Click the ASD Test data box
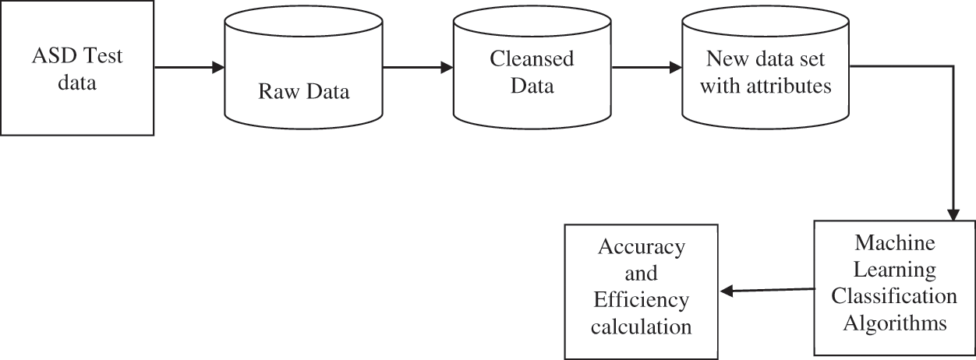pos(76,68)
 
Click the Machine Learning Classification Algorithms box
pos(893,288)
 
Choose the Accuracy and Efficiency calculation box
pos(640,291)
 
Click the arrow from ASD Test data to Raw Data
pos(189,68)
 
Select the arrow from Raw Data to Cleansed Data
pos(418,68)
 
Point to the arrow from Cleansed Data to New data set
pos(646,68)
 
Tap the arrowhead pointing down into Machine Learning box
pos(953,215)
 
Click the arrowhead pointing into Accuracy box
pos(727,291)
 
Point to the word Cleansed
pos(532,59)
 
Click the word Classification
pos(894,296)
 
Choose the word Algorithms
pos(894,323)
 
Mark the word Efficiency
pos(641,300)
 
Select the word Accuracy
pos(641,247)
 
